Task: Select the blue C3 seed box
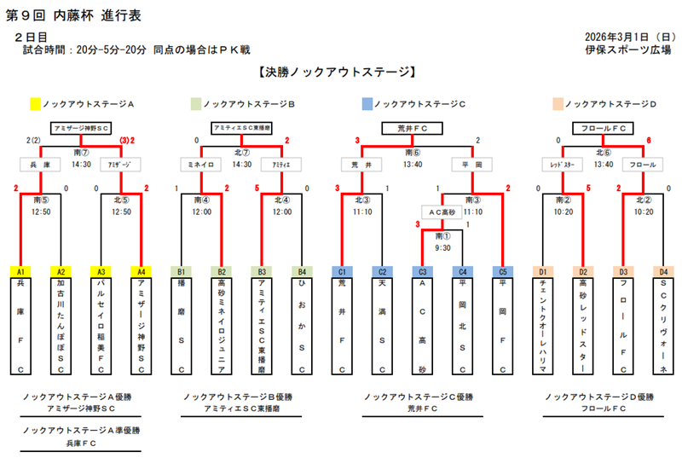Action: coord(421,271)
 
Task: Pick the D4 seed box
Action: coord(663,271)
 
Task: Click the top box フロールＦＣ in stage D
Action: coord(603,127)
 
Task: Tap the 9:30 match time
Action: coord(442,247)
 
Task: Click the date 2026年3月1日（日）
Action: coord(628,38)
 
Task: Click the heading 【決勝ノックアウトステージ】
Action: coord(341,73)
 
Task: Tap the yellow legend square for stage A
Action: coord(35,104)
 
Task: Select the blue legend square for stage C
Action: coord(367,104)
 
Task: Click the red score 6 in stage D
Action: coord(649,140)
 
